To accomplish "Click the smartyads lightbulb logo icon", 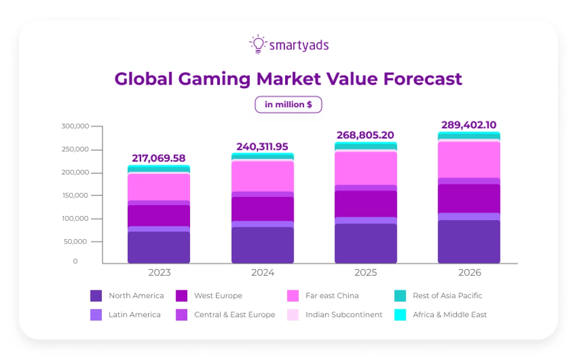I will [x=258, y=44].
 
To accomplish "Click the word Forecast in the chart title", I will [x=423, y=79].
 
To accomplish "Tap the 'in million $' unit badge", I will [x=288, y=105].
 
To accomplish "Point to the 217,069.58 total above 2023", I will [x=158, y=158].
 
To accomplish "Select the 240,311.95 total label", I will [x=262, y=147].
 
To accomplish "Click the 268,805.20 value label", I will [x=365, y=135].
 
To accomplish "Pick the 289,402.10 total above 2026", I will [x=468, y=125].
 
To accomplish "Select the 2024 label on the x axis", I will [x=262, y=273].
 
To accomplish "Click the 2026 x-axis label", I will [x=469, y=273].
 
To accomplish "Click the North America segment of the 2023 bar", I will [x=158, y=247].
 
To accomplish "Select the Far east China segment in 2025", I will [x=366, y=168].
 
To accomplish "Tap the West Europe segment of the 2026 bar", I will [x=469, y=198].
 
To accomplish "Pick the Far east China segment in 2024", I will [x=262, y=177].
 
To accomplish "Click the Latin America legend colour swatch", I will [x=96, y=315].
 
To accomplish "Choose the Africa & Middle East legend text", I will [x=449, y=315].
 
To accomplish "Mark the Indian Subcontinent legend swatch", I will [x=293, y=315].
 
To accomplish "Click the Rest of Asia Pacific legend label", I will [x=447, y=296].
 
